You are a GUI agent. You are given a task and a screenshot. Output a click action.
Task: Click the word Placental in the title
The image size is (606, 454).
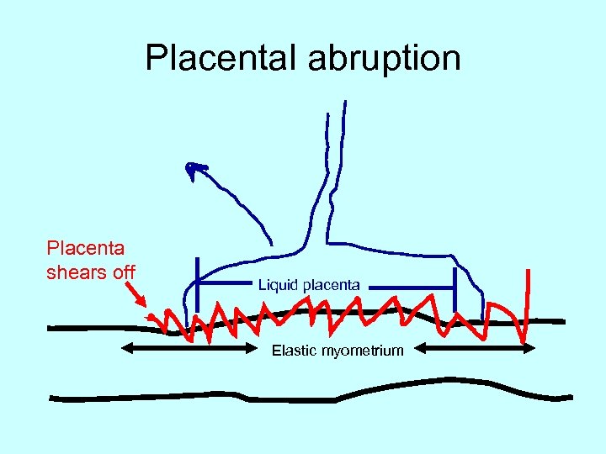coord(221,58)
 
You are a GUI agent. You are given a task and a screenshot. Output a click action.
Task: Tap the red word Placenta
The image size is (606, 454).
coord(86,248)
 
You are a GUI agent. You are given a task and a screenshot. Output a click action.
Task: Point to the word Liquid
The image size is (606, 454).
coord(279,286)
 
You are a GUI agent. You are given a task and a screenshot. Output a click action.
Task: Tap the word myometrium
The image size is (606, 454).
coord(363,351)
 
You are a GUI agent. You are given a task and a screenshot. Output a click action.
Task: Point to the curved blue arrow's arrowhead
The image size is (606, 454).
coord(196,171)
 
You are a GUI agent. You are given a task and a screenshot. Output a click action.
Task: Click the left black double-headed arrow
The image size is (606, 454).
coord(189,347)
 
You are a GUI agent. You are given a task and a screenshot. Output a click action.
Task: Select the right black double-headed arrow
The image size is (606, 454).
coord(476,347)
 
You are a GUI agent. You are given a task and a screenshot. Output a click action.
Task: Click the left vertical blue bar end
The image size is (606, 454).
coord(197,286)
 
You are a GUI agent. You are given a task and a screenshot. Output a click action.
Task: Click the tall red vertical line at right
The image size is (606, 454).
coord(528,303)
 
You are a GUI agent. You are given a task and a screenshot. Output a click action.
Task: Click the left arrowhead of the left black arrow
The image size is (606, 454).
coord(126,347)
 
